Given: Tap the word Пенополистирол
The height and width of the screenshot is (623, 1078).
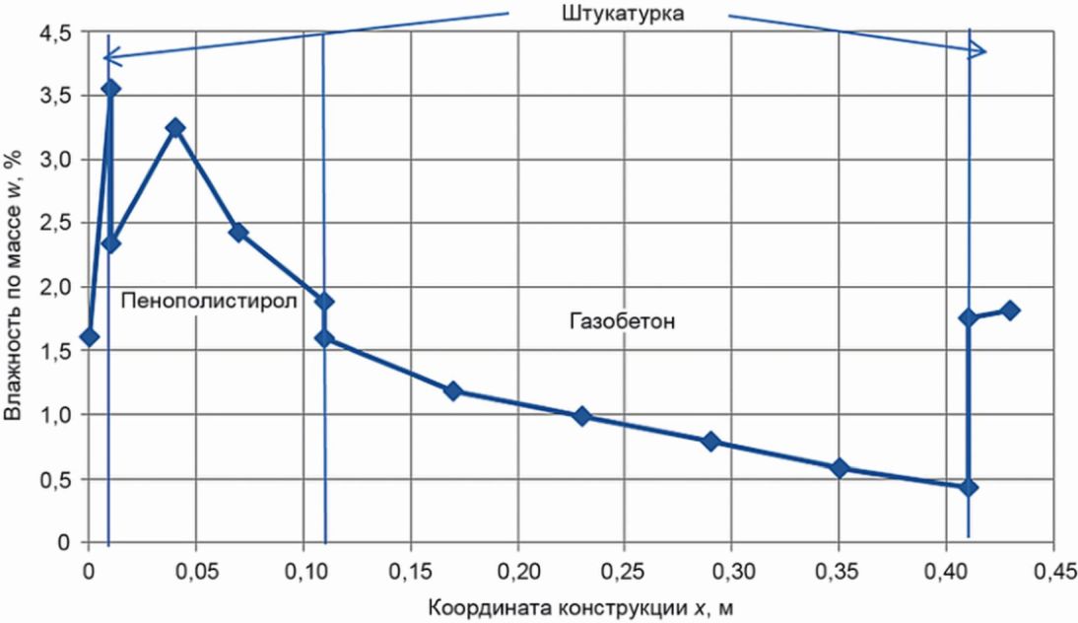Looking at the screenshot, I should (x=209, y=302).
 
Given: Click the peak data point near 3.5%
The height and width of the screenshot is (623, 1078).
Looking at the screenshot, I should (x=110, y=88).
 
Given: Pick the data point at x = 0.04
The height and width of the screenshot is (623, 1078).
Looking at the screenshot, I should (x=175, y=128).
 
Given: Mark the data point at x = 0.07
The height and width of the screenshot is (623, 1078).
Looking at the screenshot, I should (x=237, y=233).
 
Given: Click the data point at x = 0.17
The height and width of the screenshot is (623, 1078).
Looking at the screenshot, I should (x=453, y=391).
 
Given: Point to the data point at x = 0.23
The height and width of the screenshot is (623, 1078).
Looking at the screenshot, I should (x=581, y=416).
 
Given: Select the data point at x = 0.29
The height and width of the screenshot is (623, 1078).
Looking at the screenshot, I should (x=709, y=441).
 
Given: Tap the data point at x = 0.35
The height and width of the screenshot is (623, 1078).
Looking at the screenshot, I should (x=840, y=467).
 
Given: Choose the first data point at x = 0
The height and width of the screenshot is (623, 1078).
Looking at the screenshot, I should (x=90, y=337).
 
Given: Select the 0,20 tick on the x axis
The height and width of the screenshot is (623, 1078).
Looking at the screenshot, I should (x=517, y=571).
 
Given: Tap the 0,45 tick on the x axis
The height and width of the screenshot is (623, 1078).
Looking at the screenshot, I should (x=1053, y=571).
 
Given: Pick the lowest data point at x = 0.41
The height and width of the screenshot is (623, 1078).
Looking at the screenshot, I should (x=969, y=487).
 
